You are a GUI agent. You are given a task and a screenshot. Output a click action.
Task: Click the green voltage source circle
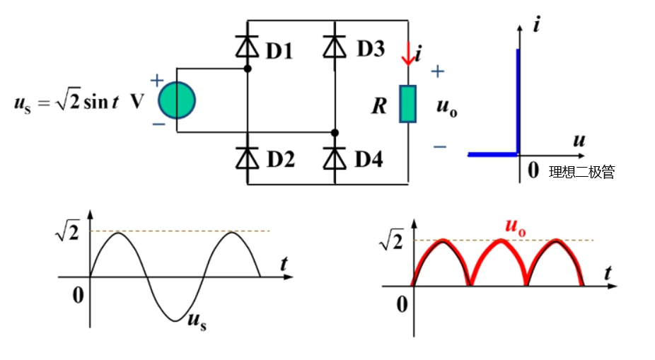(176, 100)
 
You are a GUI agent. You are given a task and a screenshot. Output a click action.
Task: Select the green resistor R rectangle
(408, 104)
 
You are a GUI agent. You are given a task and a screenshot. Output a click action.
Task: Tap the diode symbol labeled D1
(248, 47)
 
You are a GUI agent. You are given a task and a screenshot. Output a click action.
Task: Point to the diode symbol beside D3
(335, 47)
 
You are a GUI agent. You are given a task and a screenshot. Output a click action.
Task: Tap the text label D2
(281, 160)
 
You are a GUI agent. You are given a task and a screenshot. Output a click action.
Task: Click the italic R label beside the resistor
(379, 107)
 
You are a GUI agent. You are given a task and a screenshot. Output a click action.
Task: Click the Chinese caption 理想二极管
(581, 172)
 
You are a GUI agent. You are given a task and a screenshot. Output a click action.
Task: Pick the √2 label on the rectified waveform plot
(390, 243)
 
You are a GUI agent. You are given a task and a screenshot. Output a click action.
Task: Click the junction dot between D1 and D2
(248, 69)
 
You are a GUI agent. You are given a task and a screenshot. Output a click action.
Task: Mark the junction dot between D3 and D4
(335, 132)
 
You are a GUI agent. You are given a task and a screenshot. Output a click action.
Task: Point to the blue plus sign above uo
(438, 71)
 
